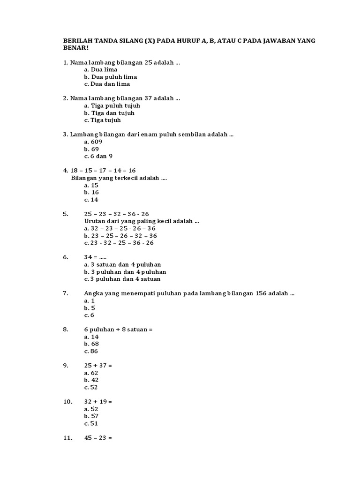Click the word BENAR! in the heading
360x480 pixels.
75,48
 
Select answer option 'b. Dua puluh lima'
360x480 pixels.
111,76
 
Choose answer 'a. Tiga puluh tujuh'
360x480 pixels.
112,105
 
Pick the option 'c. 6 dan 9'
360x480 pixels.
98,156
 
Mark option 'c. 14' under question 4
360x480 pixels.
91,200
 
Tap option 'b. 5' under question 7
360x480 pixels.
90,308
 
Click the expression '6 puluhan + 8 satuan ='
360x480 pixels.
119,330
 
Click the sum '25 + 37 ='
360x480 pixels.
98,366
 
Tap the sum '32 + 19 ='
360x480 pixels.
98,402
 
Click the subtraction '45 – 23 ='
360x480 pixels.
98,438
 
